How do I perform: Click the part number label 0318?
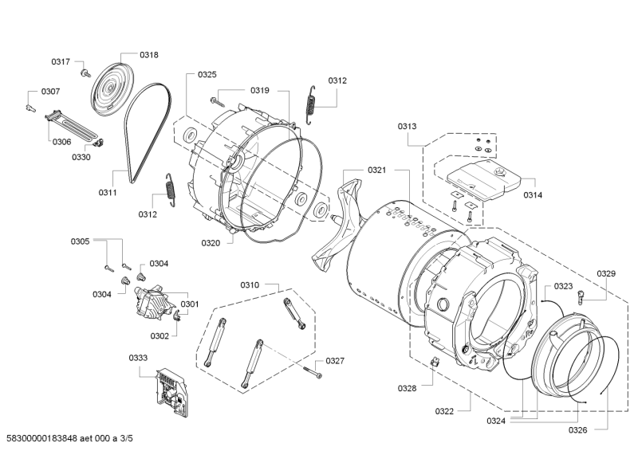[149, 55]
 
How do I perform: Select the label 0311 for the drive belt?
[108, 192]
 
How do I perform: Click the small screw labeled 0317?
[86, 73]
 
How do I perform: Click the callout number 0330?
[81, 158]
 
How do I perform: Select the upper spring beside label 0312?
[311, 105]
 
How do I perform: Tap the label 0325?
[207, 74]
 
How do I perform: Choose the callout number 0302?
[159, 336]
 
